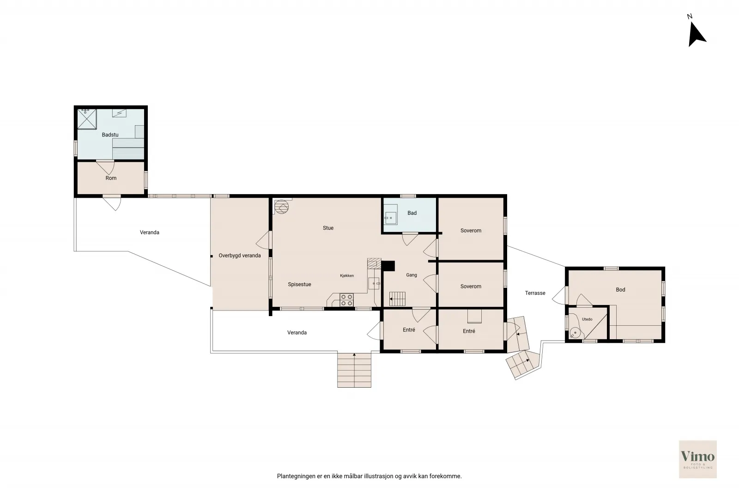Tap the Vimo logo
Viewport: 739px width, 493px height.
point(698,459)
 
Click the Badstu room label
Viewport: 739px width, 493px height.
point(110,134)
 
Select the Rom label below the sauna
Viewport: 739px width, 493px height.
point(111,178)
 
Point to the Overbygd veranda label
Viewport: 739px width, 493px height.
point(240,256)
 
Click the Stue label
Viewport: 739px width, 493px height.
point(328,228)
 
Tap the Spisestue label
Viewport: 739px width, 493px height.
point(299,284)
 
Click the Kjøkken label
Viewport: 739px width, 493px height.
point(347,275)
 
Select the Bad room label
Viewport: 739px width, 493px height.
point(412,213)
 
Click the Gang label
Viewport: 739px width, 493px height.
point(412,275)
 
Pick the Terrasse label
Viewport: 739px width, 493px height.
point(535,292)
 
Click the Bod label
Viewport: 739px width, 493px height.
point(620,289)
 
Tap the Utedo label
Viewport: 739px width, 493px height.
point(587,319)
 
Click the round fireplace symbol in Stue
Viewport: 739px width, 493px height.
point(282,207)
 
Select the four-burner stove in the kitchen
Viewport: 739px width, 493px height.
point(347,300)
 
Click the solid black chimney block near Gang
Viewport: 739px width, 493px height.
point(388,266)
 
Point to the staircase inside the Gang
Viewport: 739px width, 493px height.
point(397,299)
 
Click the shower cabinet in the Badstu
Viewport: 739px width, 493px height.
point(87,119)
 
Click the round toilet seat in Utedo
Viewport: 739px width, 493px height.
point(575,333)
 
